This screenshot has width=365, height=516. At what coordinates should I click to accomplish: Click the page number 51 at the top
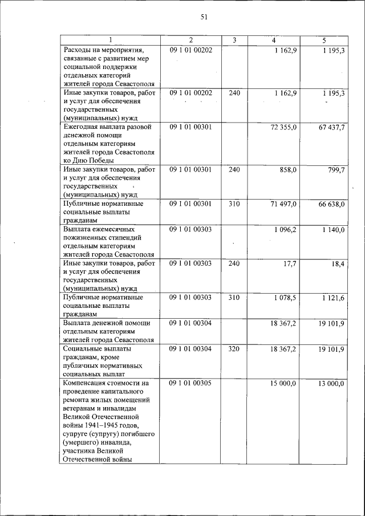[204, 17]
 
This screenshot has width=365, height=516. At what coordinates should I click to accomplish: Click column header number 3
[234, 40]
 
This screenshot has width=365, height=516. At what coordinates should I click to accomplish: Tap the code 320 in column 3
[234, 349]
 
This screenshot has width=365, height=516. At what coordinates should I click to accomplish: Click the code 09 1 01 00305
[190, 383]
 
